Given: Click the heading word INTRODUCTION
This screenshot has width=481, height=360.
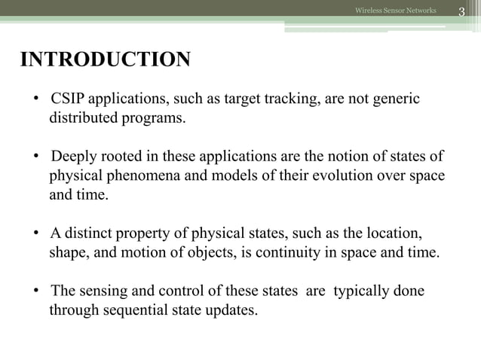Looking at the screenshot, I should [105, 60].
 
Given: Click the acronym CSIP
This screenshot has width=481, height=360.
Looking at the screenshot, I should [69, 100].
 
